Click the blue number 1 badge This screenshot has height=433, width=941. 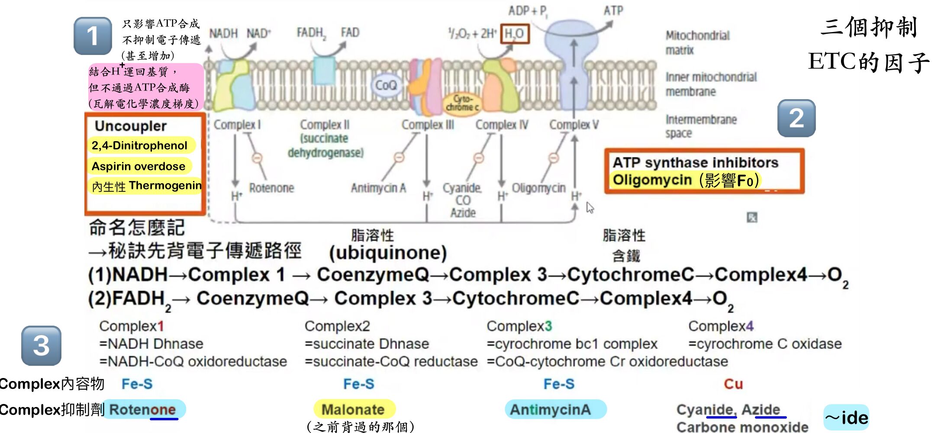[x=93, y=36]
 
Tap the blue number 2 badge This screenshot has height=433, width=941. [x=796, y=118]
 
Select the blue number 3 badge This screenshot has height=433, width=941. [x=41, y=346]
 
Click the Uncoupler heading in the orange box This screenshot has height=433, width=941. [x=131, y=126]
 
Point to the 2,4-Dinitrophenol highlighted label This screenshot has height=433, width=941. [x=139, y=145]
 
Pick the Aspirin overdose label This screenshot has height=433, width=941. [x=139, y=166]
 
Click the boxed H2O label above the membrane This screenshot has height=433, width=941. [x=514, y=33]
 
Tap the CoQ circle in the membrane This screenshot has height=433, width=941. [x=385, y=85]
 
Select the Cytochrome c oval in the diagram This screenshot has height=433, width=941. [x=462, y=103]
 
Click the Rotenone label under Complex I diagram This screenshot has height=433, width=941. [x=271, y=188]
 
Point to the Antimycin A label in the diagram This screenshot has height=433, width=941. [x=378, y=188]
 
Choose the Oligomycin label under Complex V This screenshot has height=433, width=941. [x=538, y=188]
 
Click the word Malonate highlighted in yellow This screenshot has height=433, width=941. [x=353, y=409]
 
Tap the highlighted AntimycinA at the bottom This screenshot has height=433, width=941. [x=550, y=409]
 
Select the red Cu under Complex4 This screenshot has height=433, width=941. [x=733, y=384]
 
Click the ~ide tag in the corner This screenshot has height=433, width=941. [x=846, y=417]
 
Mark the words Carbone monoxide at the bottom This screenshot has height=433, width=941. [x=742, y=427]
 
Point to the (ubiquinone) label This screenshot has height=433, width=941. [x=388, y=253]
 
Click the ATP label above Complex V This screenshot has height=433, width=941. [x=613, y=10]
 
